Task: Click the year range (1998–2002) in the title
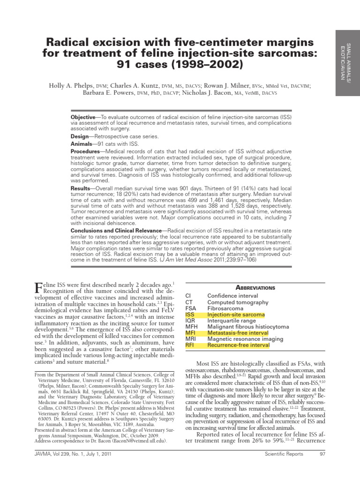click(208, 64)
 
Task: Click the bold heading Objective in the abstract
click(82, 116)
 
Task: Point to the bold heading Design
click(80, 136)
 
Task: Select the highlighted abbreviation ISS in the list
click(189, 315)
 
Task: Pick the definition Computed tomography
click(238, 302)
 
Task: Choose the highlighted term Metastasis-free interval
click(239, 333)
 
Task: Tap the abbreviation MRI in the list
click(190, 339)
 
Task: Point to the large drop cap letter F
click(39, 287)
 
